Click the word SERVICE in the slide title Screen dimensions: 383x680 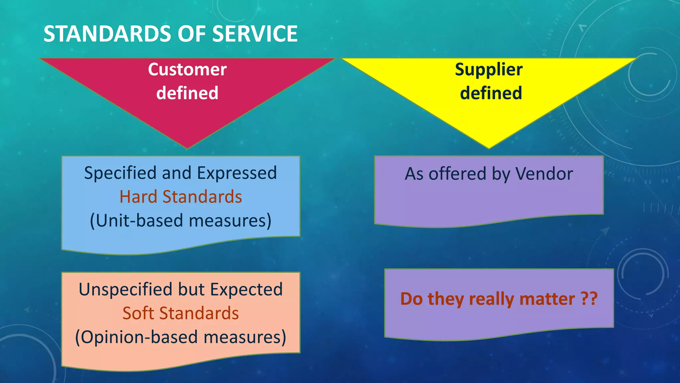[x=255, y=34]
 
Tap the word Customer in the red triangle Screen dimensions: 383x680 [x=187, y=70]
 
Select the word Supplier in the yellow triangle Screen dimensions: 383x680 [x=489, y=70]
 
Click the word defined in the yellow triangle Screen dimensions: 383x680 [x=491, y=93]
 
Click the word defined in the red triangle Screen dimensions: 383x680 [x=187, y=93]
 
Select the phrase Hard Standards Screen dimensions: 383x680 [x=181, y=197]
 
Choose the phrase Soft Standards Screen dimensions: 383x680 [x=181, y=314]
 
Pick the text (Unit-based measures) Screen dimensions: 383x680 [x=181, y=221]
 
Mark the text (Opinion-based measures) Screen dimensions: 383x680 [x=181, y=337]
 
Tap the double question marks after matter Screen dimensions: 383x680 [x=589, y=299]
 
